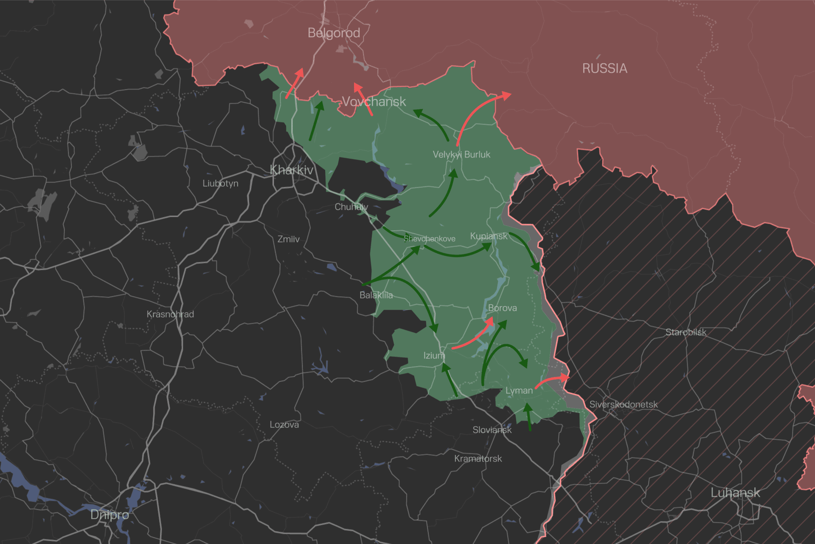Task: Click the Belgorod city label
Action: pos(334,33)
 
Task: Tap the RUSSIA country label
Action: pos(604,68)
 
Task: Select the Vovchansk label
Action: pos(374,102)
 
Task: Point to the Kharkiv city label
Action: pos(292,170)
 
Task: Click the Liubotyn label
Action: pos(220,184)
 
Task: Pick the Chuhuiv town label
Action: pos(351,207)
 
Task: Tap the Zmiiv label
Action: pos(288,239)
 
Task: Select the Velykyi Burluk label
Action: pos(461,155)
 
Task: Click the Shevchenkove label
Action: pos(429,239)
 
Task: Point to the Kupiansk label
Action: pos(489,236)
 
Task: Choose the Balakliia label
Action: pos(376,295)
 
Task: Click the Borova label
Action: pos(502,308)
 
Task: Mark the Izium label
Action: pos(434,356)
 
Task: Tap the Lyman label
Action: pos(519,391)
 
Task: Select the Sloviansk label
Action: pos(492,430)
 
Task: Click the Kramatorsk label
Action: pos(478,459)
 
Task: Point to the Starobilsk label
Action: pos(686,332)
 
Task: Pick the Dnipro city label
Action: pos(110,515)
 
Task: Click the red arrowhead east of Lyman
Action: pos(565,377)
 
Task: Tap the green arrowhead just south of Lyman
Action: pos(527,409)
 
